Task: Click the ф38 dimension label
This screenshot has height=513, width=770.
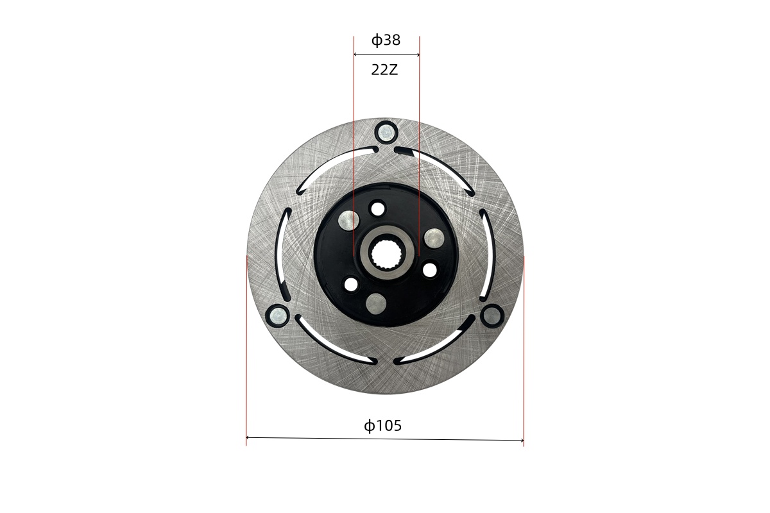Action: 386,40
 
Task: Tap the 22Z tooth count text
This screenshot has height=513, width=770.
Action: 384,70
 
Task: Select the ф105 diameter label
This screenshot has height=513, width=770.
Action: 382,426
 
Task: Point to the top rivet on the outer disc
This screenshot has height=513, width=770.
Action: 387,131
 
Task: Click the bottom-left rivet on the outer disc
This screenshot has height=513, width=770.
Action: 278,315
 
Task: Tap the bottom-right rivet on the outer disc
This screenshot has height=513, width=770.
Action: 492,315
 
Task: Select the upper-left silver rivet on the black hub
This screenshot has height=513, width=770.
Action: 349,221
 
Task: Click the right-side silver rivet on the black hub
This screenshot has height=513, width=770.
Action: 434,238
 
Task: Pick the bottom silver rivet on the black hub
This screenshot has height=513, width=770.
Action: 377,304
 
